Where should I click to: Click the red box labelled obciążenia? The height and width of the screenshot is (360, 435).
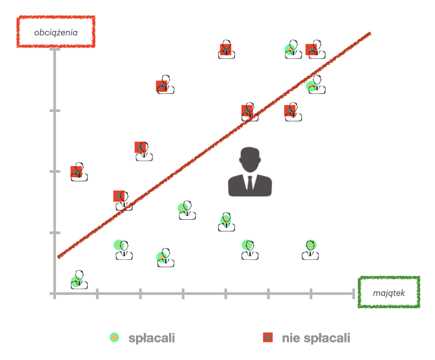[56, 32]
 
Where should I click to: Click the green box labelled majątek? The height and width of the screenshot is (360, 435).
[389, 293]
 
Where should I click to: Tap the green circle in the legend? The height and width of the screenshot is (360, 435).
[114, 337]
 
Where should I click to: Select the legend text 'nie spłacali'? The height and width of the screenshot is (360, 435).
[316, 338]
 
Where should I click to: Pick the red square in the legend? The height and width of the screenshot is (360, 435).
[268, 337]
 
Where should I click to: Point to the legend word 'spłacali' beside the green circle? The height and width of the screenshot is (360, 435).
[151, 338]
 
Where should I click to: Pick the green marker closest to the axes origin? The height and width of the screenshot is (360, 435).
[76, 281]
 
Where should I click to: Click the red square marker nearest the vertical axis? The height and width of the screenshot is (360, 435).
[76, 172]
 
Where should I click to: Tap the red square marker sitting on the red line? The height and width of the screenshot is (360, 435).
[247, 110]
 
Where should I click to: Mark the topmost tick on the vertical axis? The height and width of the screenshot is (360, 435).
[54, 50]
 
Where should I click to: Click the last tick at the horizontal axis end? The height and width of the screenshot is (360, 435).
[353, 293]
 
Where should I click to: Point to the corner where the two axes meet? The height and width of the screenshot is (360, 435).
[54, 293]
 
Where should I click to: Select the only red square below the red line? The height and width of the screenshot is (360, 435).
[290, 110]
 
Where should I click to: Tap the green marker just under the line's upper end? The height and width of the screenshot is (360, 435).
[312, 86]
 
